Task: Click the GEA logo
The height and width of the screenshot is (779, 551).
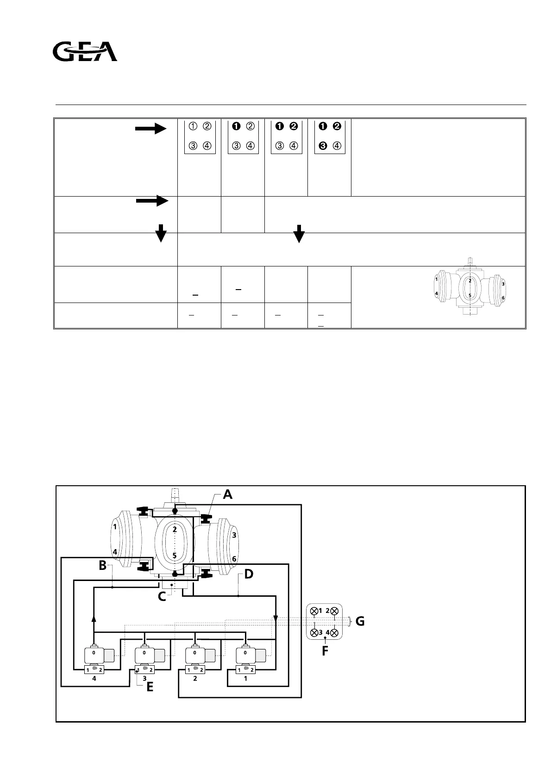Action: pyautogui.click(x=85, y=52)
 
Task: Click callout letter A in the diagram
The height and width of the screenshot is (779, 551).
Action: pyautogui.click(x=227, y=495)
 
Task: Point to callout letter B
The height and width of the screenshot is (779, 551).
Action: pyautogui.click(x=102, y=565)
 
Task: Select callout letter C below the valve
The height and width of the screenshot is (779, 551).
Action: pyautogui.click(x=162, y=596)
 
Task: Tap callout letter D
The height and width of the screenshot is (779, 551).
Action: pyautogui.click(x=249, y=575)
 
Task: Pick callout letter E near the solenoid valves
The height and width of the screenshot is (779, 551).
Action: pyautogui.click(x=150, y=687)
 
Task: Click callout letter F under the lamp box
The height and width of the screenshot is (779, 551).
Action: pyautogui.click(x=325, y=651)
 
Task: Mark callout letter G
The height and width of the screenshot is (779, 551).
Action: pyautogui.click(x=360, y=622)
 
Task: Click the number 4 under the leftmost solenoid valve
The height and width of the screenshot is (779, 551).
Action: pyautogui.click(x=94, y=679)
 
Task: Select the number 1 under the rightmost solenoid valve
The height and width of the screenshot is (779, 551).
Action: pyautogui.click(x=245, y=679)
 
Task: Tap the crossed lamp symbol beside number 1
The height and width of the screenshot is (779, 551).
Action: pyautogui.click(x=314, y=611)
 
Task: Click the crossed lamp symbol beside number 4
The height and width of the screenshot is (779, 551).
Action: pyautogui.click(x=335, y=632)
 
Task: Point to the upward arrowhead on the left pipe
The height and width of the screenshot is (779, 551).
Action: pyautogui.click(x=94, y=619)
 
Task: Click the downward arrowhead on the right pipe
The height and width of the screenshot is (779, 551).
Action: pyautogui.click(x=275, y=619)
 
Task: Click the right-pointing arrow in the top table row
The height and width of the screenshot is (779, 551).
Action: pyautogui.click(x=150, y=129)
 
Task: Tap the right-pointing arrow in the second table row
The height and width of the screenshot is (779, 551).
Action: pyautogui.click(x=151, y=201)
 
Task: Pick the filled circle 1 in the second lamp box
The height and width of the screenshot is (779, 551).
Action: pyautogui.click(x=236, y=126)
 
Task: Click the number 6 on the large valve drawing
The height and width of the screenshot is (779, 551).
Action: pyautogui.click(x=234, y=559)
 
